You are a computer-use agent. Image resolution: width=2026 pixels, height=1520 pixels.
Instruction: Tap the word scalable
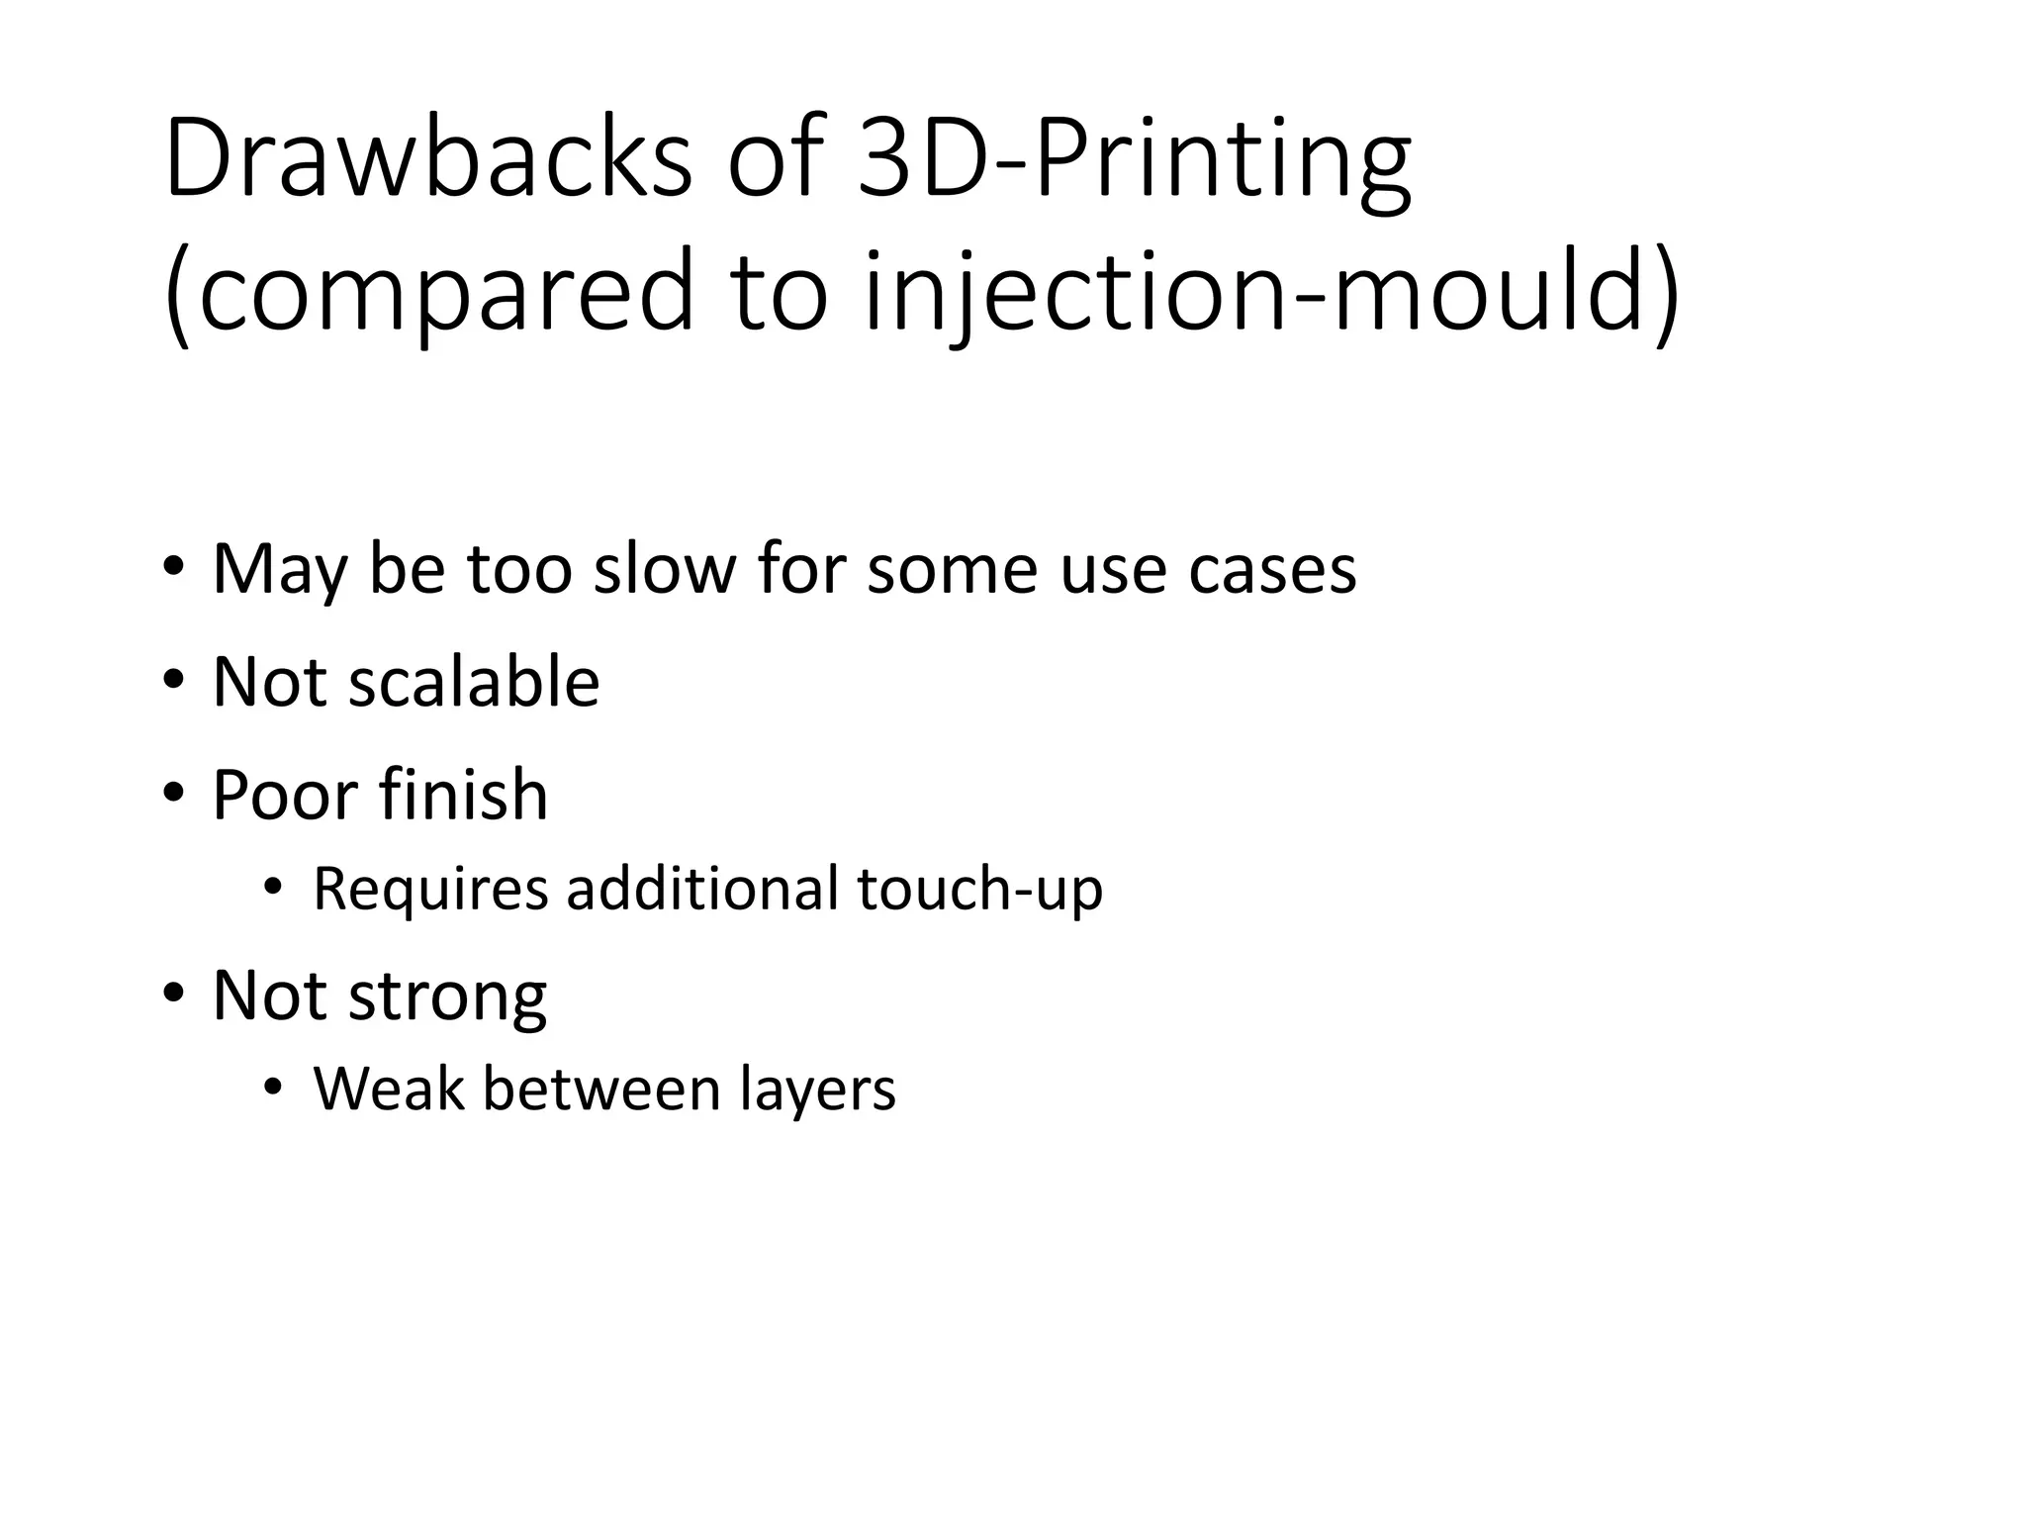pyautogui.click(x=474, y=682)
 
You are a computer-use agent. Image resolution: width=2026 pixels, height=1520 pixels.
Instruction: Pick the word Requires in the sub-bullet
pyautogui.click(x=430, y=889)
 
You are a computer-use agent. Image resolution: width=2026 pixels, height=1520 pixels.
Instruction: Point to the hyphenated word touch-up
pyautogui.click(x=979, y=890)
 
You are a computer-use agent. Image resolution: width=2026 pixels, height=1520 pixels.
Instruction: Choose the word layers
pyautogui.click(x=817, y=1091)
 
